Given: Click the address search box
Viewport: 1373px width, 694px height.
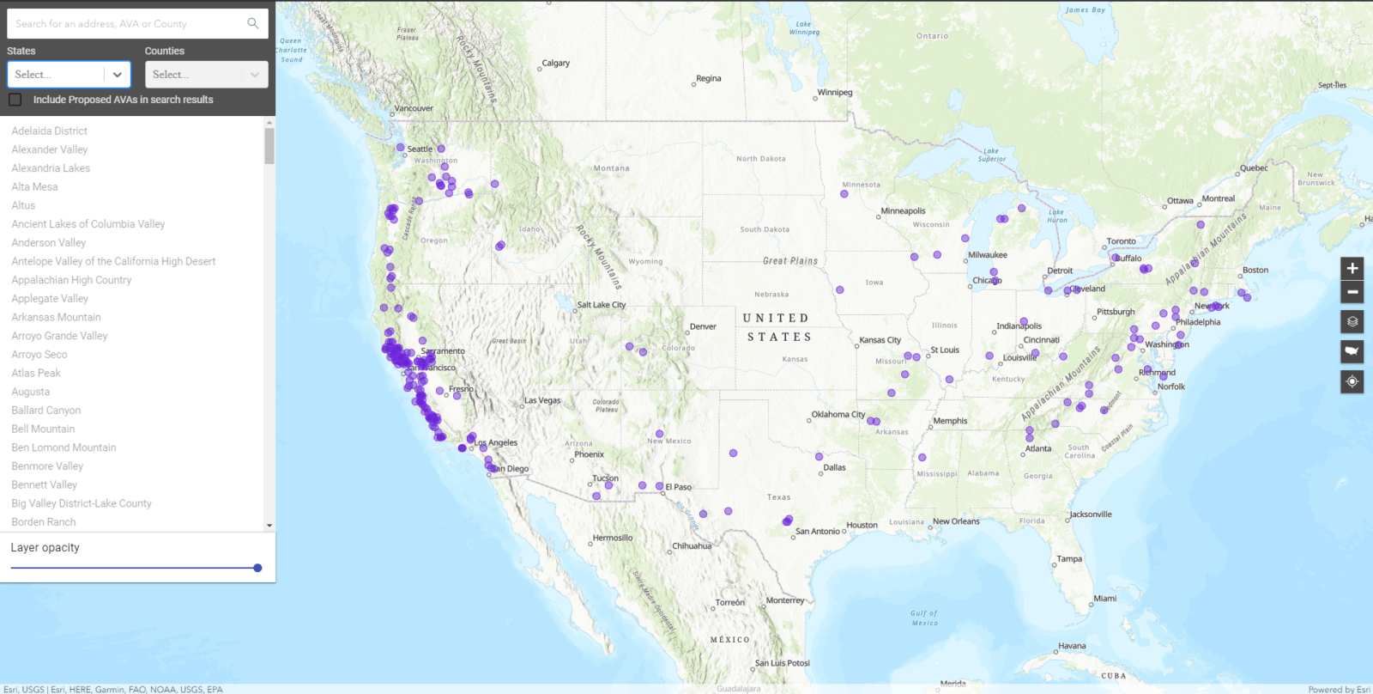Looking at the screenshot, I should point(129,24).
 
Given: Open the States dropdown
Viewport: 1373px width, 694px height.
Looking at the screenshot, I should point(69,75).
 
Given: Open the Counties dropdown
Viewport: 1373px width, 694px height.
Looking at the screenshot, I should point(206,75).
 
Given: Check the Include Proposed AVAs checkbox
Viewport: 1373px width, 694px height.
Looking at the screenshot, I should point(15,100).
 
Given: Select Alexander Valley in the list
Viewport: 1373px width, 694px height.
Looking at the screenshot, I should point(50,149).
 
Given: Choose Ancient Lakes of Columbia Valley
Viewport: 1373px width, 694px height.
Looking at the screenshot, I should point(88,224).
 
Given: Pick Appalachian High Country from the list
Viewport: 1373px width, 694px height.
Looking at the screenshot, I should point(71,280).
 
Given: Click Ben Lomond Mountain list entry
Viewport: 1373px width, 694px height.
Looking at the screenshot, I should point(64,447).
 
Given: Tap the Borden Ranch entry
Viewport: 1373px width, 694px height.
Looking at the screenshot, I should point(44,522).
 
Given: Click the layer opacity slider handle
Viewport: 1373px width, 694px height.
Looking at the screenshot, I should point(257,568).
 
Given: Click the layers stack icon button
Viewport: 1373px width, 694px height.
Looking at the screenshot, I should point(1352,322).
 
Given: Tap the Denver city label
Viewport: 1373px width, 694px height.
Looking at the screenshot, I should point(703,327).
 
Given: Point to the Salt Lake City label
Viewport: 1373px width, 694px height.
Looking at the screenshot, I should point(601,305).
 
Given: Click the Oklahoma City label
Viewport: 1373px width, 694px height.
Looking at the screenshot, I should point(838,414).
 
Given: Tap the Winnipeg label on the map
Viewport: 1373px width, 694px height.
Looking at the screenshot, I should point(835,93).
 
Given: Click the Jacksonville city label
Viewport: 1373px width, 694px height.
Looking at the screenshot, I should point(1090,514).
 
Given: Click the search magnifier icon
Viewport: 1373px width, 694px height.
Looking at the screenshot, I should point(252,24).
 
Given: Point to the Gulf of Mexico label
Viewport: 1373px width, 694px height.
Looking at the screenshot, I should point(924,618).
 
